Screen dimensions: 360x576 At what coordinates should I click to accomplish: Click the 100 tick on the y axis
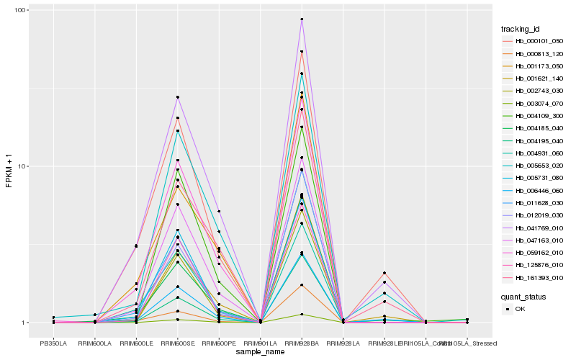(x=20, y=10)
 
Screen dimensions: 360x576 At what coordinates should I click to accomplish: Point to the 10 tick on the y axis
(x=22, y=166)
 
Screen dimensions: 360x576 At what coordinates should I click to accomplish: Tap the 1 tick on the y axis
(x=24, y=323)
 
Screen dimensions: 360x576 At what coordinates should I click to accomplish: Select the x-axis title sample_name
(x=259, y=351)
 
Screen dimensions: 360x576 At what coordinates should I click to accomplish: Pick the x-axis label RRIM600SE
(x=177, y=343)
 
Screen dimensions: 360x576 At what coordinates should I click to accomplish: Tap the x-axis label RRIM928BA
(x=302, y=343)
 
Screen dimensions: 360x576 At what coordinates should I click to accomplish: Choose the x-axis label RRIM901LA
(x=260, y=343)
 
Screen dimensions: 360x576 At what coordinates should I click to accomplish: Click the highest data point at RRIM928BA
(x=302, y=19)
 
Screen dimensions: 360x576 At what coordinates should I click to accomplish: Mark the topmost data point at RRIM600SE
(x=177, y=97)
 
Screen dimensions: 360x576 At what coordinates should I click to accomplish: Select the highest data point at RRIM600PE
(x=219, y=212)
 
